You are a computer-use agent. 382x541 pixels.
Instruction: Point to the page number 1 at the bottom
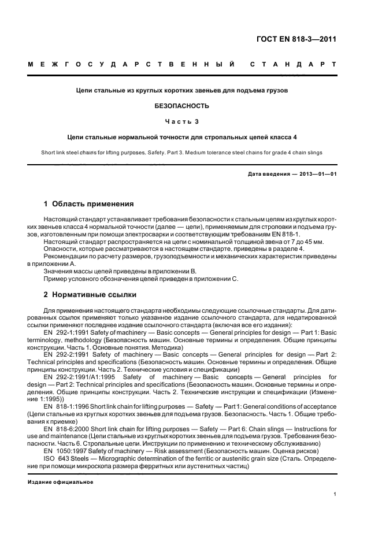(335, 494)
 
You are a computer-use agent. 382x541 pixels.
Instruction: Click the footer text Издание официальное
(56, 481)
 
